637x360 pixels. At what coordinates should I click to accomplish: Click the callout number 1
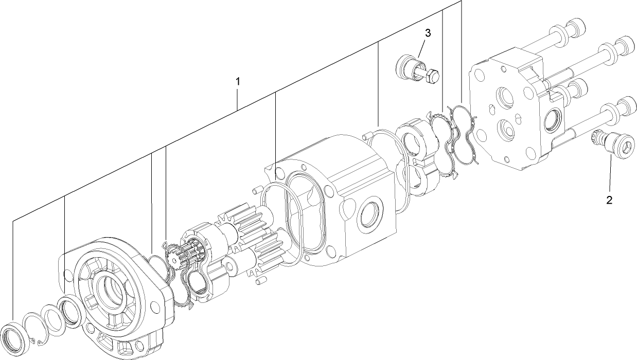tap(238, 81)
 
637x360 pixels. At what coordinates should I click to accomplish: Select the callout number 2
tap(609, 200)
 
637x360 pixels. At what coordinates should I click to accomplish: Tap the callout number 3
tap(428, 33)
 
